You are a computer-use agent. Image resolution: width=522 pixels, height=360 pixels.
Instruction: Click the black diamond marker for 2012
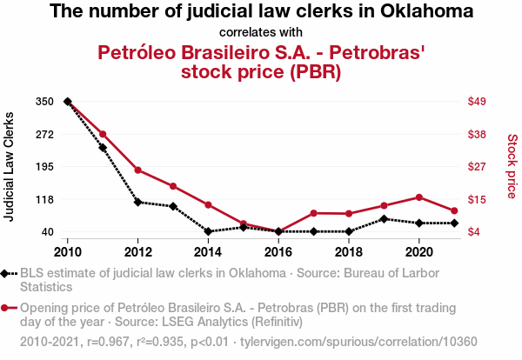[x=137, y=202]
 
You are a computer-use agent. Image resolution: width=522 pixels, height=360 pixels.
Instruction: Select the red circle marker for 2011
[x=103, y=134]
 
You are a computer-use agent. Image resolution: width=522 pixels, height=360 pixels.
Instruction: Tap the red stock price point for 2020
[x=419, y=197]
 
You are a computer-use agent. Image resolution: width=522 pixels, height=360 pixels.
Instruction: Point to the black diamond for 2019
[x=384, y=218]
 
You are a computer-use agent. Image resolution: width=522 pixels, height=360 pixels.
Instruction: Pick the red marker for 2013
[x=173, y=186]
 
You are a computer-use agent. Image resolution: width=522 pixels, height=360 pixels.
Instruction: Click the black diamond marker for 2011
[x=103, y=148]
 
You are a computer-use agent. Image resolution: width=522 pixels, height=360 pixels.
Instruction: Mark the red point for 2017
[x=313, y=213]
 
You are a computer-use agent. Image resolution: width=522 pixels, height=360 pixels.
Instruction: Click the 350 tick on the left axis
[x=45, y=102]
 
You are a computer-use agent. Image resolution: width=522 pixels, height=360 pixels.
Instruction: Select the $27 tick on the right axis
[x=478, y=167]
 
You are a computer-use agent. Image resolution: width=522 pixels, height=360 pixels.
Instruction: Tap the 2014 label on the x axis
[x=208, y=251]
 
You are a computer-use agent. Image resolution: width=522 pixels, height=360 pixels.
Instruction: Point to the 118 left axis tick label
[x=45, y=199]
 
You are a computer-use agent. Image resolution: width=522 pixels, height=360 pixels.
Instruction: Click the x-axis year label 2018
[x=349, y=251]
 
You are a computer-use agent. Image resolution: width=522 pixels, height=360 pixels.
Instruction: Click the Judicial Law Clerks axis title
[x=10, y=166]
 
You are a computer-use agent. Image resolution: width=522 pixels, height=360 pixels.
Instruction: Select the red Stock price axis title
[x=512, y=165]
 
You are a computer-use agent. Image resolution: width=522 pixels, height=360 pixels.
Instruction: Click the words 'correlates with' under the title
[x=261, y=33]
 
